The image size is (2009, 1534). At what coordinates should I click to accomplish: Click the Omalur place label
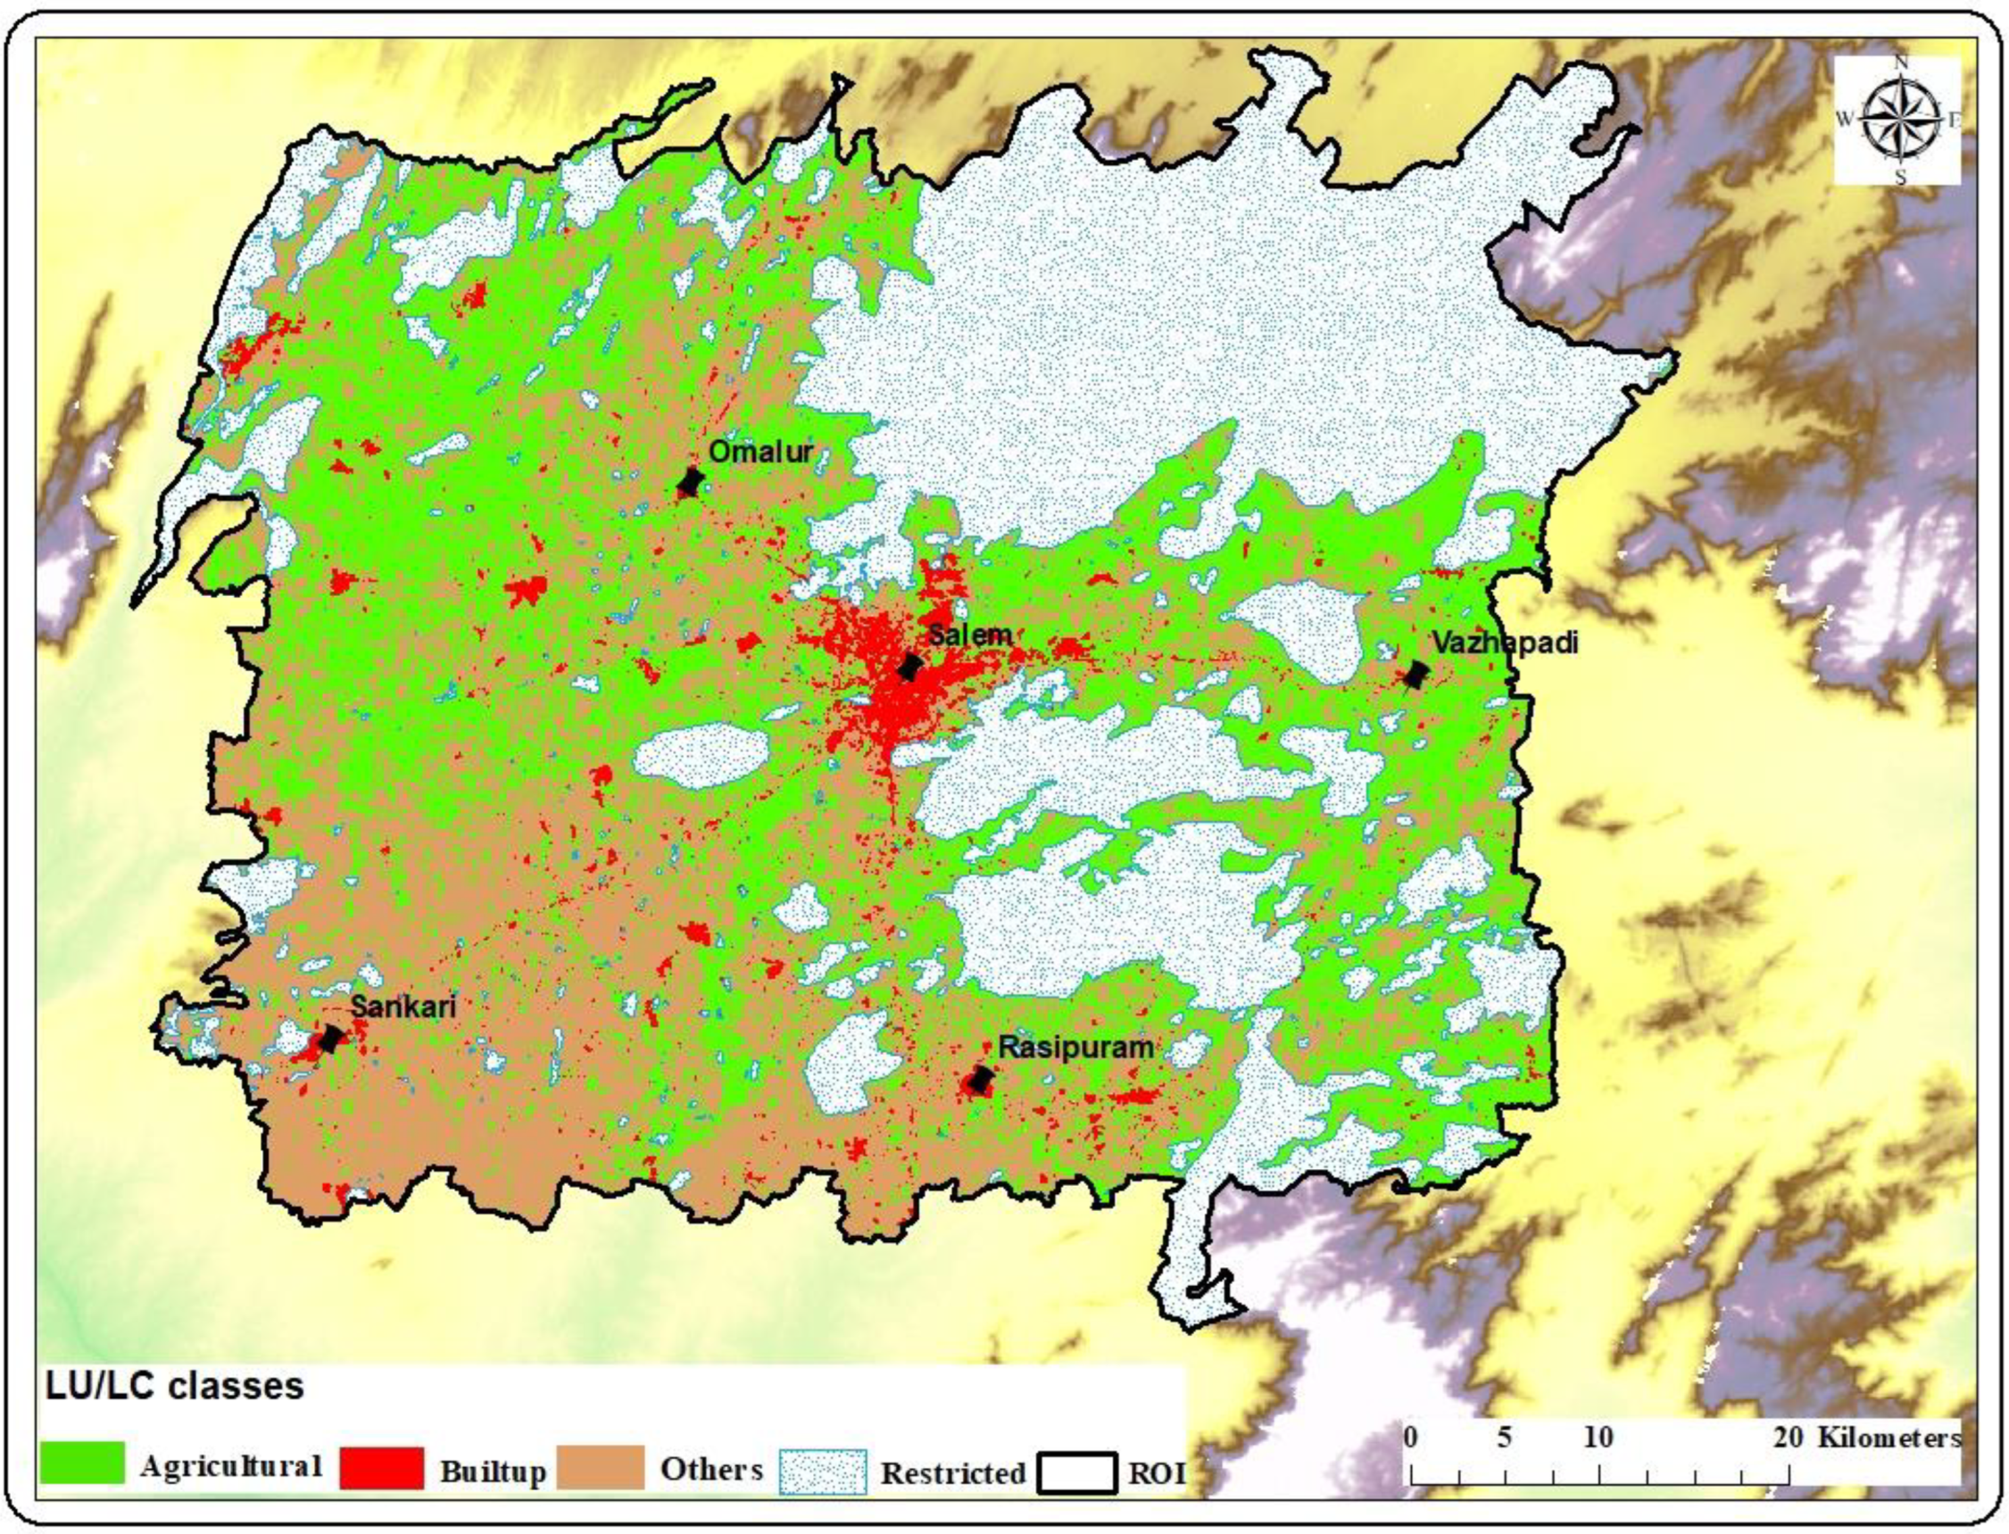point(760,451)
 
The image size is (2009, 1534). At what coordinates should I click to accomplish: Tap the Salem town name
point(969,634)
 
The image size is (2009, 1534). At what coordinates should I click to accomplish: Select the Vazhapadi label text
point(1504,643)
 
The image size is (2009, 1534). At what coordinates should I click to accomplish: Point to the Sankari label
point(403,1007)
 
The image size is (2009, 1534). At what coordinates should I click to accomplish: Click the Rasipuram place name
point(1075,1047)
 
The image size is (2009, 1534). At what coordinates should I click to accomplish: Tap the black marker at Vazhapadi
point(1415,675)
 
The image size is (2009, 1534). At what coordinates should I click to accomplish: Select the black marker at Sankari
point(330,1038)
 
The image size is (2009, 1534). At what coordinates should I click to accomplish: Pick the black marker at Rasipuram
point(980,1080)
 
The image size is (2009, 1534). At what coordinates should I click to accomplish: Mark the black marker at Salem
point(909,667)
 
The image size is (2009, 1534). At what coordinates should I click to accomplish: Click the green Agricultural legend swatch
point(82,1463)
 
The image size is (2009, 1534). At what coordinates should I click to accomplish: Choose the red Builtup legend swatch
point(381,1467)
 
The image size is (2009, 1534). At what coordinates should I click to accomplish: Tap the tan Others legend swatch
point(599,1467)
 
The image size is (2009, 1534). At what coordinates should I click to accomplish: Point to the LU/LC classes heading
point(174,1386)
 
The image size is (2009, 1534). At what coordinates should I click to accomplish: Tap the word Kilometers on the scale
point(1889,1438)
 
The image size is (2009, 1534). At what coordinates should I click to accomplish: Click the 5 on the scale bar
point(1504,1438)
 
